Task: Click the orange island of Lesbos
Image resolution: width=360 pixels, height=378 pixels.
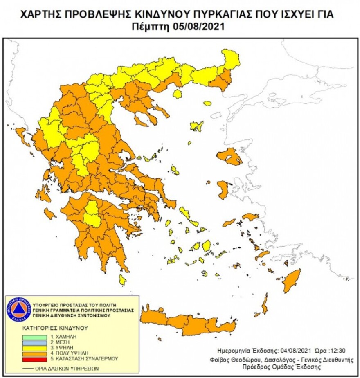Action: [230, 157]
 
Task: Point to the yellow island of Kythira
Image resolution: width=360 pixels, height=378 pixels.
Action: [122, 280]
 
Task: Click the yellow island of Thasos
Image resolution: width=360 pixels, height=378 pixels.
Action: [177, 94]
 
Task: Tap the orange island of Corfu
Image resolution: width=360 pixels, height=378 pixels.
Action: [22, 136]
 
